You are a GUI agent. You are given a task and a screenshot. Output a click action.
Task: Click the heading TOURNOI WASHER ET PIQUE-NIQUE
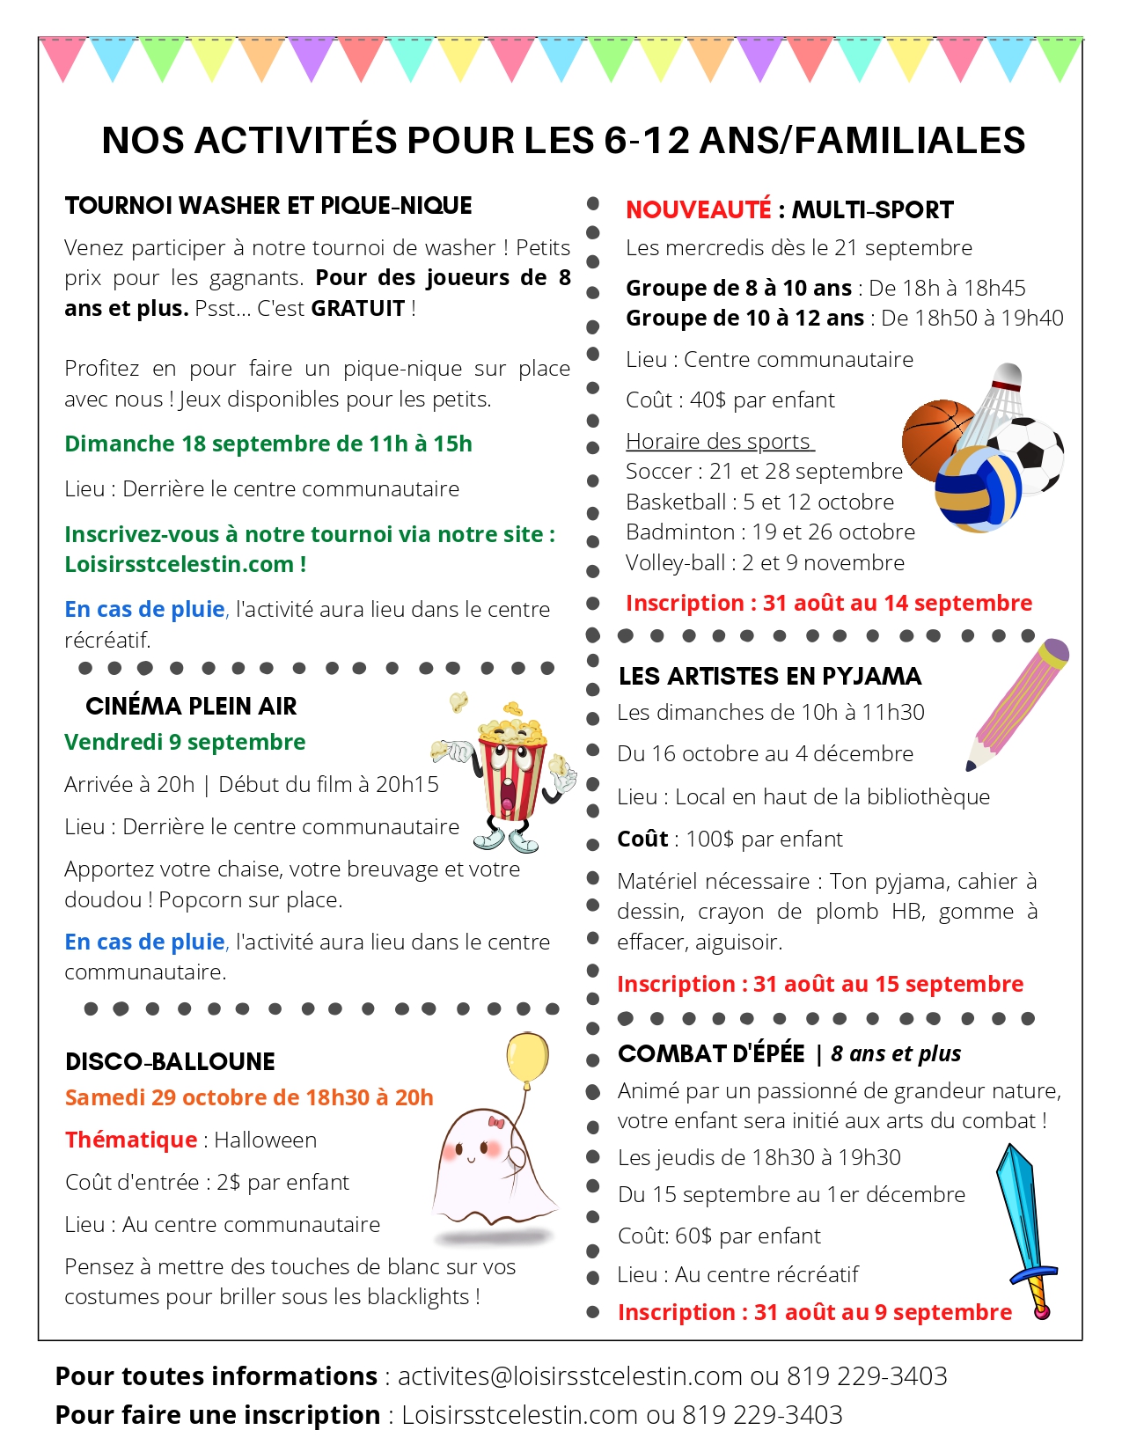pos(268,206)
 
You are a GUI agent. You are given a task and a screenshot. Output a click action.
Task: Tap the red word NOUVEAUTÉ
pos(698,210)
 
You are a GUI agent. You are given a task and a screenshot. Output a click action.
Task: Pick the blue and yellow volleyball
pos(977,488)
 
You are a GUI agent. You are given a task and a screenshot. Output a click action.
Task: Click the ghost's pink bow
pos(497,1122)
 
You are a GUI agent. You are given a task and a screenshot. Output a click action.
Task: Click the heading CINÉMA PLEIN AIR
pos(191,707)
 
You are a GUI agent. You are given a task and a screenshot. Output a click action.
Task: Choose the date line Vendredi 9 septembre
pos(185,743)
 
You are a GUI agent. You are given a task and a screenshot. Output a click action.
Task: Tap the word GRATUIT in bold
pos(357,309)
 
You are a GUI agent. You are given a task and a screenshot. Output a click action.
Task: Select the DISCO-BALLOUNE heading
pos(170,1062)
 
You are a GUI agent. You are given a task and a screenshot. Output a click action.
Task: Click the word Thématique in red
pos(131,1140)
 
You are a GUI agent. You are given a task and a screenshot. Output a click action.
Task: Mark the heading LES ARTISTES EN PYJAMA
pos(770,677)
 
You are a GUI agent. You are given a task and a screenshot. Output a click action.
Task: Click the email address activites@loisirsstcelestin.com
pos(569,1376)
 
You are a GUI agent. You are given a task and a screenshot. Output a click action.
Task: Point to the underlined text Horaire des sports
pos(718,442)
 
